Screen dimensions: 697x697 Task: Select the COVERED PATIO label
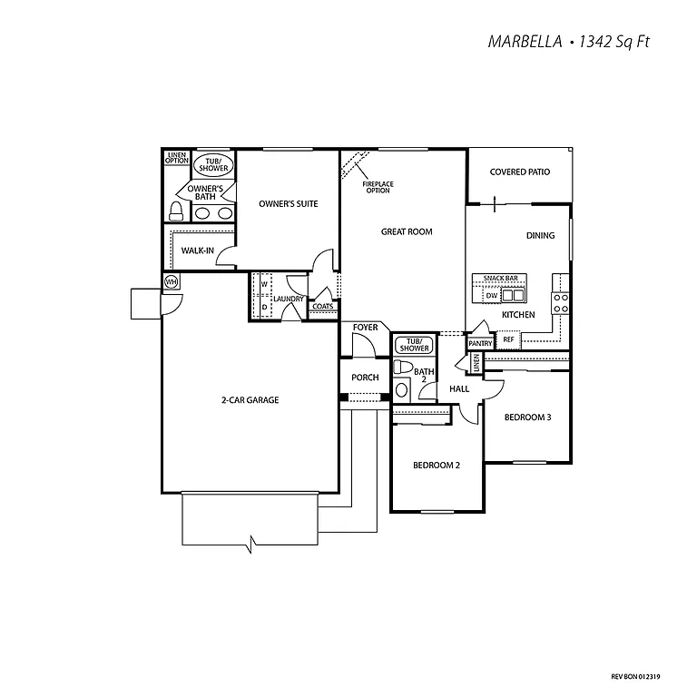[520, 172]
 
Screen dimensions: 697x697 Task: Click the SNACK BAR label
[499, 279]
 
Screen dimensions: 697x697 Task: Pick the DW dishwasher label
[490, 296]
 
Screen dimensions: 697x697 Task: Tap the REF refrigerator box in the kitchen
[508, 339]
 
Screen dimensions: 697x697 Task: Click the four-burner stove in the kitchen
[561, 302]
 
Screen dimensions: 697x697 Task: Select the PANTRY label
[480, 344]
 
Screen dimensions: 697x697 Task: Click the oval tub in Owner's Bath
[213, 166]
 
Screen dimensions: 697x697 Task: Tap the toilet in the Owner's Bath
[177, 211]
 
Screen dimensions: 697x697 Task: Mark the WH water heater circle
[171, 282]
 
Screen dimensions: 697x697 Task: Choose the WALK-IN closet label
[197, 250]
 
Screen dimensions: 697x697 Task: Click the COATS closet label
[322, 307]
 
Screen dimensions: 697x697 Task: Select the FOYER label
[366, 327]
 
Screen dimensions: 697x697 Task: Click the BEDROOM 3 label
[528, 417]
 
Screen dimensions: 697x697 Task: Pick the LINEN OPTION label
[177, 158]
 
